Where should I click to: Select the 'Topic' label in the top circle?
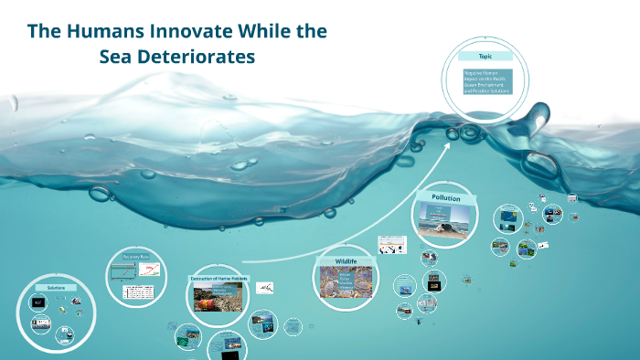[485, 57]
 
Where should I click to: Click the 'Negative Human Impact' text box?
[486, 81]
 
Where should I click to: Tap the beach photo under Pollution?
[443, 219]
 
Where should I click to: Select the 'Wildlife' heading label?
[345, 261]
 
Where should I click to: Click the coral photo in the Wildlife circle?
[345, 281]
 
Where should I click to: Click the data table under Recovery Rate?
[137, 291]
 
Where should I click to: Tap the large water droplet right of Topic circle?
[539, 164]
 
